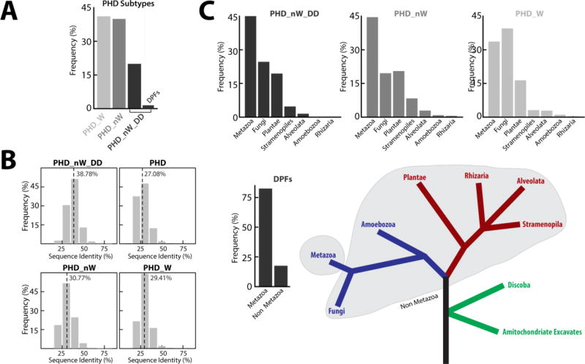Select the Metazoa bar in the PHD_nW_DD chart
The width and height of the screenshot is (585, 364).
point(250,67)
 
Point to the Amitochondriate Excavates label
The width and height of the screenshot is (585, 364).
point(542,333)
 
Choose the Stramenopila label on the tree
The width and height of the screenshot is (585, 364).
point(543,225)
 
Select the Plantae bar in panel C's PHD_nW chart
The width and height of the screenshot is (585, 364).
point(399,94)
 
